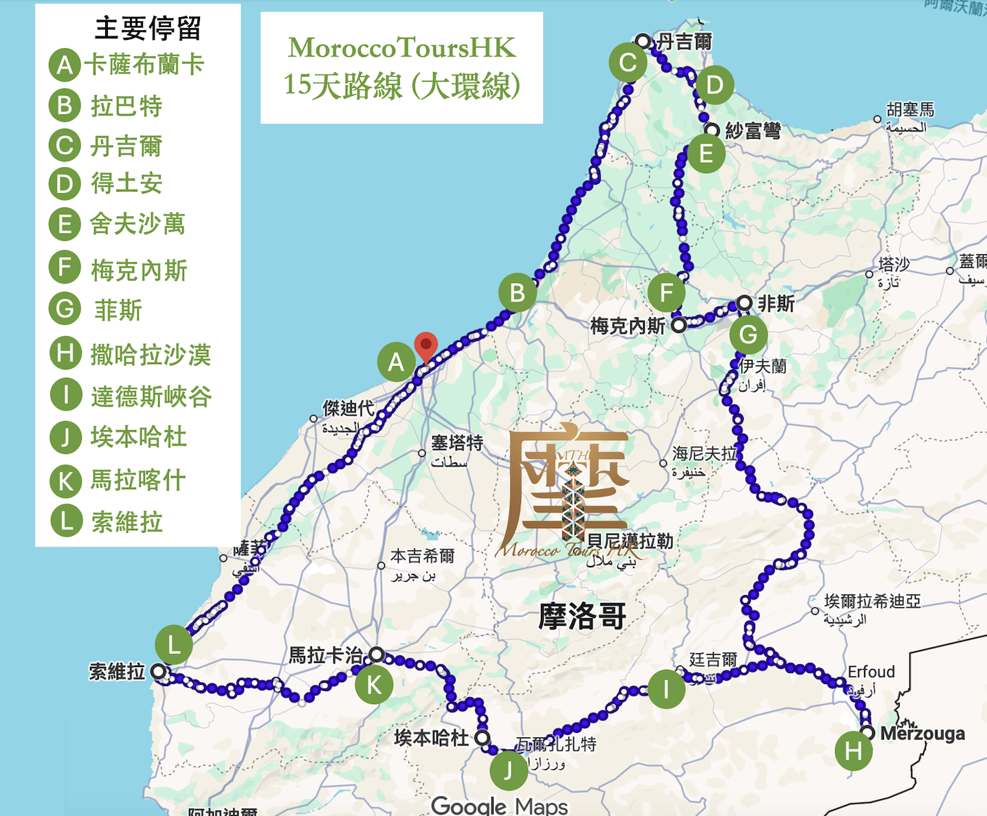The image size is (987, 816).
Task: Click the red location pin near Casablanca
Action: (426, 345)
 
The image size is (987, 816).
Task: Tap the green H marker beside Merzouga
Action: (853, 751)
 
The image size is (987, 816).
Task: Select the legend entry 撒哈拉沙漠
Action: (151, 354)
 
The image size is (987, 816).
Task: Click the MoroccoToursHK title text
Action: (401, 47)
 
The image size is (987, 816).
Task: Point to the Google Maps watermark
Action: (500, 805)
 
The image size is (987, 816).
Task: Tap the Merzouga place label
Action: (922, 734)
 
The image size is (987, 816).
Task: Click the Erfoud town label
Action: (871, 672)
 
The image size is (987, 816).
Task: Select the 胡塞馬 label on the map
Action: (910, 110)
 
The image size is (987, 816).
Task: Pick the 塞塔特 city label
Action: (456, 443)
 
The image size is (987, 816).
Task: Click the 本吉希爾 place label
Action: (422, 556)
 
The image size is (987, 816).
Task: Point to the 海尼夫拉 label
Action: (704, 453)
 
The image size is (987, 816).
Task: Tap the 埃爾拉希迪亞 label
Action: (872, 602)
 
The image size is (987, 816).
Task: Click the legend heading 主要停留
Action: (148, 29)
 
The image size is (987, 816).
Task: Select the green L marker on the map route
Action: (173, 645)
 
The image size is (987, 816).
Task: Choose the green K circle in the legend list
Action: (66, 481)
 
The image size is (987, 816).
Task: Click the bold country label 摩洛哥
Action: (581, 616)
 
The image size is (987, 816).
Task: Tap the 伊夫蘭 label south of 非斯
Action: (763, 366)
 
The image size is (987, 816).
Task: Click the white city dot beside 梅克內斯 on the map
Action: (678, 325)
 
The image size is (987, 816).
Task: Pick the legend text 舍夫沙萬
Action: (137, 224)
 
